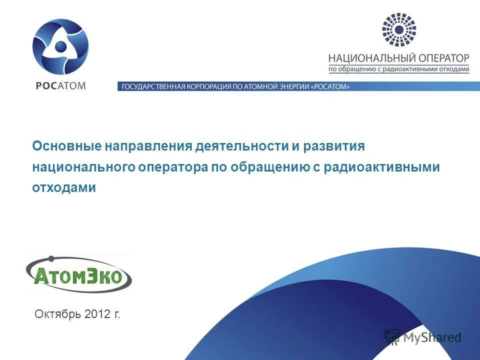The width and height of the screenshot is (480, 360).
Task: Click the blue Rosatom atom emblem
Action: tap(60, 46)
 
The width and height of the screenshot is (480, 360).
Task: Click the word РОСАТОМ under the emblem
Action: tap(60, 85)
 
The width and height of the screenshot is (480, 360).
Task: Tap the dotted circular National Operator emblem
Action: tap(398, 30)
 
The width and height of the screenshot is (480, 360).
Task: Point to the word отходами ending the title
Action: tap(63, 187)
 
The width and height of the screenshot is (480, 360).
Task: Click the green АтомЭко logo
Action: tap(79, 274)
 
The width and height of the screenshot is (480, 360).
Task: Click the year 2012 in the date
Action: tap(97, 314)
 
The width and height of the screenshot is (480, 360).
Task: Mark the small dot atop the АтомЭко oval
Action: tap(50, 259)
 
